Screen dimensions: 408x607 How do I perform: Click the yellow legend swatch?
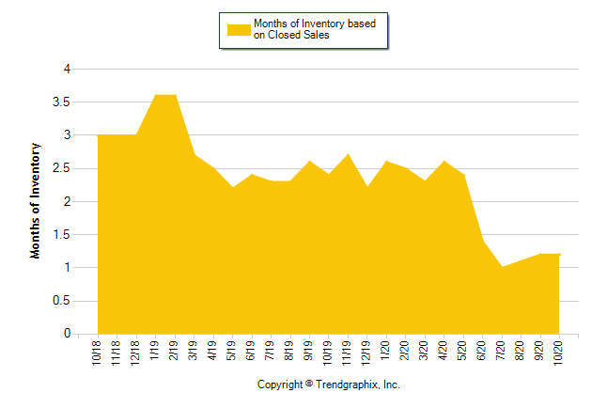coord(238,29)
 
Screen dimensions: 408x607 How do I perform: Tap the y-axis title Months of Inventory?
coord(37,200)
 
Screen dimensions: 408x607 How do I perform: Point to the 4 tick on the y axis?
coord(67,69)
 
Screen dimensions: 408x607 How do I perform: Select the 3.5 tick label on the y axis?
coord(61,102)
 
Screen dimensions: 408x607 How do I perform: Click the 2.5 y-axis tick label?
coord(61,168)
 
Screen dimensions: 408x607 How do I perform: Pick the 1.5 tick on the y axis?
coord(61,234)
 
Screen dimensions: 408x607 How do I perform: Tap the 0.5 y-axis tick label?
coord(61,301)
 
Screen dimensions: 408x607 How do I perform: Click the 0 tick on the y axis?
coord(67,334)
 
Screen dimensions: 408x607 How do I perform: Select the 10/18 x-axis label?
coord(98,353)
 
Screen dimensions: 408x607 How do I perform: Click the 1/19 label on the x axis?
coord(155,351)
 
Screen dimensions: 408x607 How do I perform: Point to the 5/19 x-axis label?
coord(232,351)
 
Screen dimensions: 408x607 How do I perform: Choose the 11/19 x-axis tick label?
coord(348,353)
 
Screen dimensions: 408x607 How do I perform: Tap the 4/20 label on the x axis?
coord(444,351)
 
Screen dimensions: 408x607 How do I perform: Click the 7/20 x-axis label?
coord(502,351)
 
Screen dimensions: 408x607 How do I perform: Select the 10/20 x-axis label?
coord(559,353)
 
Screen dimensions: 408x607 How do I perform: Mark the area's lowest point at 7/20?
coord(502,267)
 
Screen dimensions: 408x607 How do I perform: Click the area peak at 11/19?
coord(348,154)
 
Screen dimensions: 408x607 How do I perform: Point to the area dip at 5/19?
coord(232,187)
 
